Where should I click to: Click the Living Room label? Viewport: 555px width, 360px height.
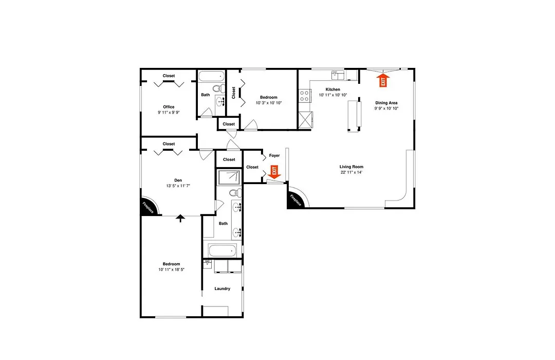[x=351, y=167]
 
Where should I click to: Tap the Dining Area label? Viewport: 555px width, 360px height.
[x=386, y=103]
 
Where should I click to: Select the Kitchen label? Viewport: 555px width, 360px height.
[x=332, y=89]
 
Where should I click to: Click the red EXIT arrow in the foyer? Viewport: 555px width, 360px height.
[x=274, y=172]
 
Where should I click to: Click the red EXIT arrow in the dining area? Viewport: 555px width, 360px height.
[x=383, y=80]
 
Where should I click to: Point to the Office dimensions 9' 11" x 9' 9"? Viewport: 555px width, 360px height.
[x=169, y=112]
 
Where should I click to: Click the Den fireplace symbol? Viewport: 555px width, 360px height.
[x=149, y=206]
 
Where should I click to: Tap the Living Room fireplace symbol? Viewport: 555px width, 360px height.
[x=297, y=199]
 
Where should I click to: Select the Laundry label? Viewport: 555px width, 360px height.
[x=223, y=289]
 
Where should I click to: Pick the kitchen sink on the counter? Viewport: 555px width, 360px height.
[x=338, y=75]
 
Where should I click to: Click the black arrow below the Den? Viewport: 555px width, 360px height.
[x=180, y=218]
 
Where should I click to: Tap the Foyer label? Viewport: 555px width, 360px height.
[x=274, y=155]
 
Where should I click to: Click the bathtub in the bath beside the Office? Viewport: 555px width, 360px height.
[x=211, y=76]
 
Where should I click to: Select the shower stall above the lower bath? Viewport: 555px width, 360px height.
[x=229, y=177]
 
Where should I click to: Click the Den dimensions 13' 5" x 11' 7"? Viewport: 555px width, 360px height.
[x=178, y=186]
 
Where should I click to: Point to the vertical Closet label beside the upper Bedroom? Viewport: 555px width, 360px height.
[x=234, y=93]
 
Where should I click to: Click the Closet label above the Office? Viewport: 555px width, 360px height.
[x=169, y=76]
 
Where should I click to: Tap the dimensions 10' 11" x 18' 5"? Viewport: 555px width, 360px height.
[x=171, y=269]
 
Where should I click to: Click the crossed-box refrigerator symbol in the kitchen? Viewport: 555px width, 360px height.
[x=305, y=120]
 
